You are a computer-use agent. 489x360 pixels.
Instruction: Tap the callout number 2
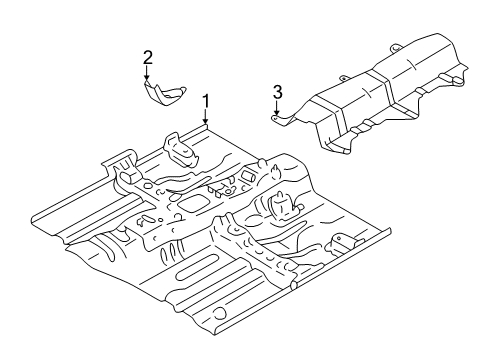click(x=148, y=58)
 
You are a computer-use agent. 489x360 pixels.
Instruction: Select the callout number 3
click(x=277, y=92)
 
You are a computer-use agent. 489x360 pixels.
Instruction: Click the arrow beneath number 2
click(x=146, y=73)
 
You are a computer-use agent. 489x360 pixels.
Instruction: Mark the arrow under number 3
click(x=276, y=107)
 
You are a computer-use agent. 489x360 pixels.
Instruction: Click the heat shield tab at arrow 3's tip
click(x=282, y=120)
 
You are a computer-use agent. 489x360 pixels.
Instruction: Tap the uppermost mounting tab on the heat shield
click(x=395, y=48)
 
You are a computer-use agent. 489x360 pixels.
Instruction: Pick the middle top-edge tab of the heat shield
click(x=343, y=79)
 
